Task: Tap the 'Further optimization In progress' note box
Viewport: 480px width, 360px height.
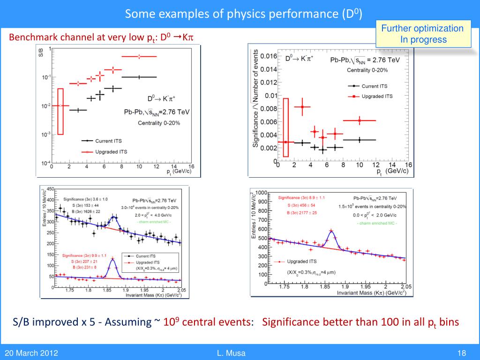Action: tap(423, 34)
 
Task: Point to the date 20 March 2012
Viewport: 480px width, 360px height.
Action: tap(31, 353)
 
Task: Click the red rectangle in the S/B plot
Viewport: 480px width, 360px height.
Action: tap(60, 111)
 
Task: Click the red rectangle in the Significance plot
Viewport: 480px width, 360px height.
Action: tap(286, 127)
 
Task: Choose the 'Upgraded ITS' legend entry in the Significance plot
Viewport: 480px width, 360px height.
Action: tap(376, 96)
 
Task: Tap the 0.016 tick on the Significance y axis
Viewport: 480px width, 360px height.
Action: tap(268, 57)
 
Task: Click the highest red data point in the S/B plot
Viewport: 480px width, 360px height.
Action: tap(139, 57)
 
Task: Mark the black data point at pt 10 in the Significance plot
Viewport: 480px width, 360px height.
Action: tap(359, 140)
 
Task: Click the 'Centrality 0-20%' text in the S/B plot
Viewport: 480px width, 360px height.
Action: tap(159, 123)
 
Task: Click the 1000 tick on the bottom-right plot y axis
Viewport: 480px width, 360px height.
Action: tap(261, 193)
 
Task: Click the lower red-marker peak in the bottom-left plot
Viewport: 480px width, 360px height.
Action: tap(112, 259)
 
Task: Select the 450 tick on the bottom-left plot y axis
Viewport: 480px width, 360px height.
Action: tap(49, 189)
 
